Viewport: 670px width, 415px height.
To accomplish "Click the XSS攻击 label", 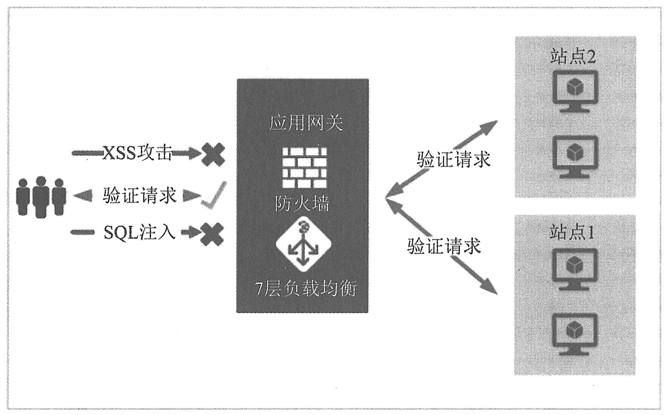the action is (138, 153).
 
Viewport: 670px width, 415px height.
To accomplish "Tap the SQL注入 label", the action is (140, 233).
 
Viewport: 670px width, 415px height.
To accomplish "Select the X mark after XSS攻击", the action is (213, 155).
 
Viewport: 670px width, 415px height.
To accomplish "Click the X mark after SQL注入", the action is (212, 234).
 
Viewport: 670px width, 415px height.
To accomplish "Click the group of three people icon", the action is (41, 196).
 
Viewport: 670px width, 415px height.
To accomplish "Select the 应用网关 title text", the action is (306, 123).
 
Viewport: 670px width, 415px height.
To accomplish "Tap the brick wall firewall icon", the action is (304, 167).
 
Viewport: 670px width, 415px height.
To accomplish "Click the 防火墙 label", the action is (302, 204).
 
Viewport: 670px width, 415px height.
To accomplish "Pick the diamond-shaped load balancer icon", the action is (303, 244).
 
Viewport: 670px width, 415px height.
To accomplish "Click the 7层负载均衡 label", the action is (305, 289).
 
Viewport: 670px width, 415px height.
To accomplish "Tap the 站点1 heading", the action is (572, 233).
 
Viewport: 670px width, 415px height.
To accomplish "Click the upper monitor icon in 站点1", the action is (575, 269).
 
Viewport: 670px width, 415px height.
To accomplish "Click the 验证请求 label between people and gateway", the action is (140, 196).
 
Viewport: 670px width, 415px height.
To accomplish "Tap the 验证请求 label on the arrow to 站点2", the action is (454, 159).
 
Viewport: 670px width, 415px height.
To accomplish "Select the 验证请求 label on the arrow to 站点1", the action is (444, 246).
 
